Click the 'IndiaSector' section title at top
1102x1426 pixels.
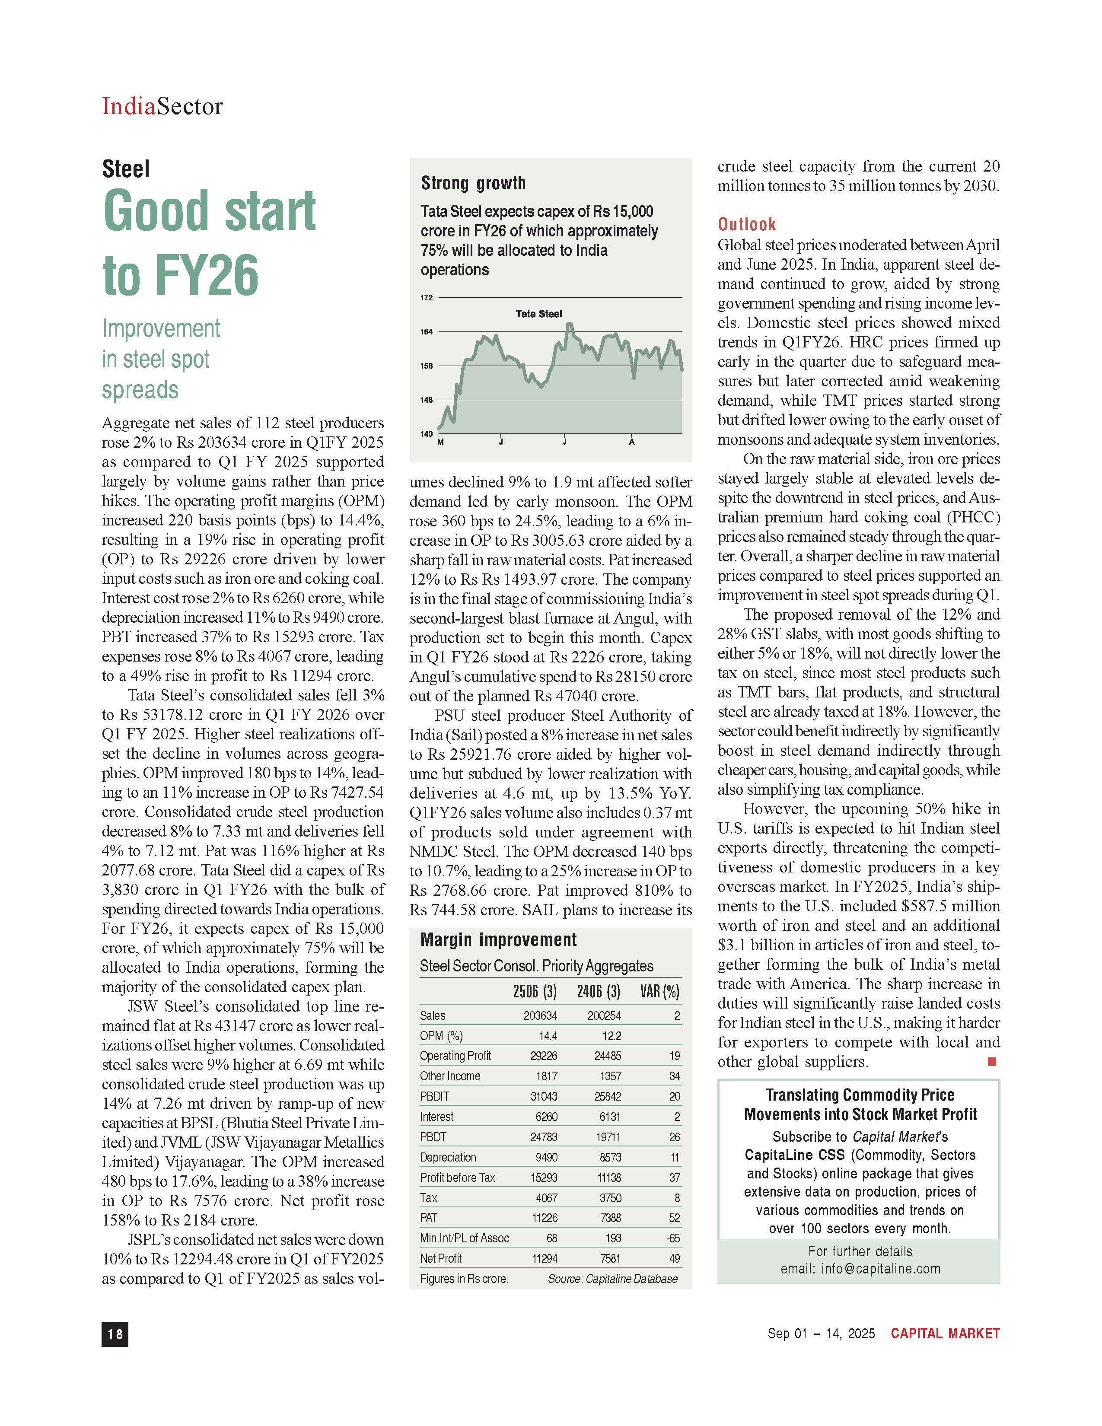(x=162, y=106)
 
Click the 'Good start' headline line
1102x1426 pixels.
(x=209, y=211)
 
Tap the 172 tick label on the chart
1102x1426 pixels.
(x=426, y=298)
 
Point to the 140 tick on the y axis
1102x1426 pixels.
(x=426, y=433)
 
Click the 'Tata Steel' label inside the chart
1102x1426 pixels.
(x=538, y=314)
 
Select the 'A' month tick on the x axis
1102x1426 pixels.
(x=631, y=442)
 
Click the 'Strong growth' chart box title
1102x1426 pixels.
(x=473, y=184)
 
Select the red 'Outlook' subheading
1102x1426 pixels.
(x=747, y=225)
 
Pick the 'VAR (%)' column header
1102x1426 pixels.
(x=660, y=992)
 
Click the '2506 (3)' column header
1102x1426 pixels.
(x=535, y=992)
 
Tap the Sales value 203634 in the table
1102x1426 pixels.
(x=541, y=1016)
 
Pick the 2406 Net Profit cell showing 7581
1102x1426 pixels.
(x=610, y=1259)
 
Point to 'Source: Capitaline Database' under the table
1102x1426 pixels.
(x=612, y=1279)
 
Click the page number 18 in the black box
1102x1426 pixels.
(x=115, y=1334)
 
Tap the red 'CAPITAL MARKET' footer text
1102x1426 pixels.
(x=945, y=1333)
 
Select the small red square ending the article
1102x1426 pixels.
(x=992, y=1062)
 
